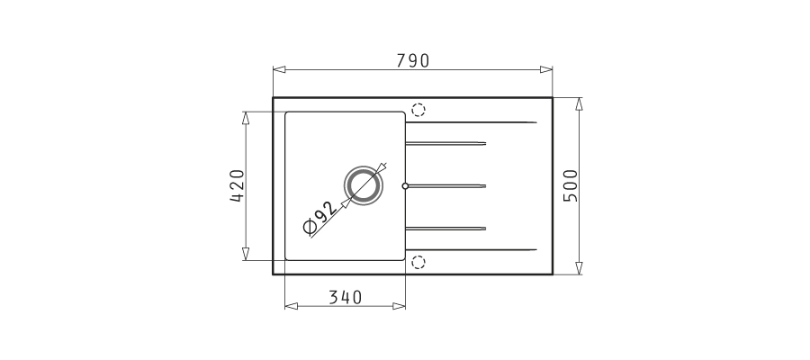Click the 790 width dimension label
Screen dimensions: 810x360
413,61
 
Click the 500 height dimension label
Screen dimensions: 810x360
571,185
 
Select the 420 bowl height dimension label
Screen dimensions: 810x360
237,185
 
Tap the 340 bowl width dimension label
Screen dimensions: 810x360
346,298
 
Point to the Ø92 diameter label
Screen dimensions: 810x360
320,218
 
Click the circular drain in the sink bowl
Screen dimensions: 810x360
364,185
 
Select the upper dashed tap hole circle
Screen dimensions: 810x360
418,110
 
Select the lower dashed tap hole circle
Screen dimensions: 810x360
418,263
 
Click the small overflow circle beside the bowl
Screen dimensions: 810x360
405,186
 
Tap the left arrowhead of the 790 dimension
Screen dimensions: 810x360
280,69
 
